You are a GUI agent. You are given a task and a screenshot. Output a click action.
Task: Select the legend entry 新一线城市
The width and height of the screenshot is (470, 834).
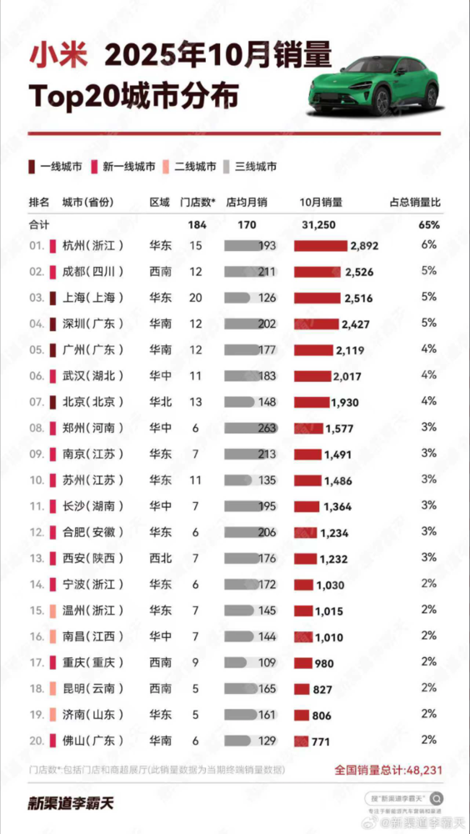point(128,167)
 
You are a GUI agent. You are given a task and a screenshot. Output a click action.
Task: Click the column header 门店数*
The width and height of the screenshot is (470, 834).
point(198,203)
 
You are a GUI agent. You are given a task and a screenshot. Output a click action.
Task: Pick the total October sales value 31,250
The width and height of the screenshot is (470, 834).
point(317,224)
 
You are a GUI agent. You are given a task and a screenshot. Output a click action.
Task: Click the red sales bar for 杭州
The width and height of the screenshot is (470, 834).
point(320,246)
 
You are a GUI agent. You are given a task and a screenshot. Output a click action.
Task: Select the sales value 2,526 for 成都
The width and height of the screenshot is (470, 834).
point(361,272)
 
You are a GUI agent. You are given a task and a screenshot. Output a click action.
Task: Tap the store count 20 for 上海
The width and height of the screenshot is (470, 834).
point(196,298)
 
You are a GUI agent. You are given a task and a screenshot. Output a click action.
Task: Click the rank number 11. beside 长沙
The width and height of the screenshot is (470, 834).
point(36,506)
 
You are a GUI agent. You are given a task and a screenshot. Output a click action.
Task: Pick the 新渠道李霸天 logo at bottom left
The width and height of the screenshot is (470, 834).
point(71,804)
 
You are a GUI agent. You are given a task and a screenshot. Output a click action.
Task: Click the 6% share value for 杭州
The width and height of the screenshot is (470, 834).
point(429,246)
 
